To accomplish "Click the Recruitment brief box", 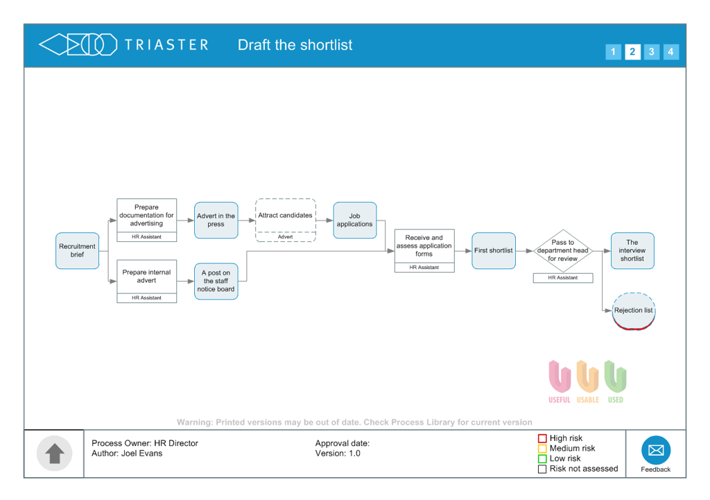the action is tap(78, 250).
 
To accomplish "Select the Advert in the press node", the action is tap(216, 220).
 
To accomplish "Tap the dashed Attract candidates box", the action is tap(285, 220).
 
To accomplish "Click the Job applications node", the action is tap(355, 220).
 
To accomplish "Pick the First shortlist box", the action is tap(494, 250).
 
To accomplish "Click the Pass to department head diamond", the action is tap(563, 250).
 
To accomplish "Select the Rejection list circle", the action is tap(634, 311).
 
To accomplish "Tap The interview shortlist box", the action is tap(632, 250).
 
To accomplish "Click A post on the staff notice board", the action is tap(216, 282).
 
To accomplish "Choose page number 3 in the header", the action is tap(652, 51).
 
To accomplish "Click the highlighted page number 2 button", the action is tap(632, 51).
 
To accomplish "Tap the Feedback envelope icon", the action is tap(656, 450).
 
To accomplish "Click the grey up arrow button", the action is tap(54, 454).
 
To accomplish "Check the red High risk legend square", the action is tap(542, 438).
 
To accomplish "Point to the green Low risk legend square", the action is tap(542, 459).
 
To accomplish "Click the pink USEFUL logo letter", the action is tap(560, 377).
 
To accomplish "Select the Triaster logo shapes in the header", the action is tap(78, 45).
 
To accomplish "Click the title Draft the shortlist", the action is tap(295, 45).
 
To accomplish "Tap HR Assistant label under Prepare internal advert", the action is tap(147, 298).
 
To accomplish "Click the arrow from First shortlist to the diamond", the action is tap(524, 250).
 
